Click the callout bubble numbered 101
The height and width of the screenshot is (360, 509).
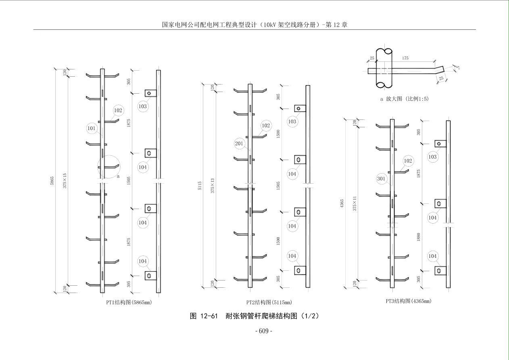click(x=92, y=129)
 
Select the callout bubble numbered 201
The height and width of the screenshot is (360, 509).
click(x=239, y=143)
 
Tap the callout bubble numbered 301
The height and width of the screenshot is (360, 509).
click(x=381, y=178)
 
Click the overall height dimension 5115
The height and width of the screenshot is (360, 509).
click(x=200, y=186)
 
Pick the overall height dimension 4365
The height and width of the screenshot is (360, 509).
click(x=342, y=203)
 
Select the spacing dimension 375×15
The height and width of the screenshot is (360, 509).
click(x=65, y=180)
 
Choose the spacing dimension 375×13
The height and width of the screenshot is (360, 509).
click(x=212, y=186)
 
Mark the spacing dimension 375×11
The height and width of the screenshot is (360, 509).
click(x=355, y=203)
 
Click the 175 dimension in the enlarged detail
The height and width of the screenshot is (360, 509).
click(x=405, y=59)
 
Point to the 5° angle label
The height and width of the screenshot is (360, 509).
click(x=458, y=68)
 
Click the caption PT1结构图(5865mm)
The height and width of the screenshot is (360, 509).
click(x=129, y=302)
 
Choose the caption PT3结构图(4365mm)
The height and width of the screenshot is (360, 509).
click(x=409, y=301)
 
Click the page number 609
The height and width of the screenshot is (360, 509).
click(x=264, y=331)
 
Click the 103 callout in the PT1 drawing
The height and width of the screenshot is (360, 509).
click(x=143, y=106)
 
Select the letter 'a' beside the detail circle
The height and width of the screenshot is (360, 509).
click(x=118, y=176)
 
